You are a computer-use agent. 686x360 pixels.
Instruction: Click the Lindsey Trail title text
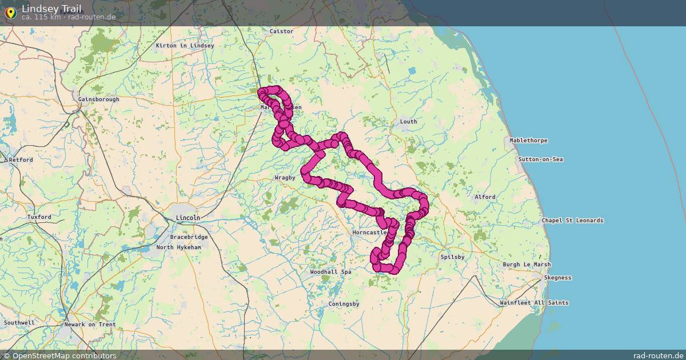[x=51, y=8]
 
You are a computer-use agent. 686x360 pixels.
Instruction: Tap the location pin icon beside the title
[x=10, y=12]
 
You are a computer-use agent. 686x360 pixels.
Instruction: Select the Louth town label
[x=408, y=122]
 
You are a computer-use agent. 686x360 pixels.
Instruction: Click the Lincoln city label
[x=188, y=218]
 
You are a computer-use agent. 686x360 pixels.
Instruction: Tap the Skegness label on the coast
[x=557, y=278]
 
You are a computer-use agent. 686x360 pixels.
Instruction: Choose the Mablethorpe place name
[x=529, y=141]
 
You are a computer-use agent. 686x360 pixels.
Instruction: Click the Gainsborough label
[x=99, y=99]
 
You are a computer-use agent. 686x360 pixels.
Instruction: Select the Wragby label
[x=285, y=178]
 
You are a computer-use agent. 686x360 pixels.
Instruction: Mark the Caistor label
[x=281, y=31]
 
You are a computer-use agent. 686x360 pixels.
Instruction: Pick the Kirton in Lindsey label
[x=185, y=46]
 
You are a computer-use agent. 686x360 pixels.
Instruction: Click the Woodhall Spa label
[x=330, y=272]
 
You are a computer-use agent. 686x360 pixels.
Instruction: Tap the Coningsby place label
[x=344, y=304]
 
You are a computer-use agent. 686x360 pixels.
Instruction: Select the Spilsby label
[x=452, y=257]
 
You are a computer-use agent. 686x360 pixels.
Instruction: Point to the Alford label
[x=485, y=197]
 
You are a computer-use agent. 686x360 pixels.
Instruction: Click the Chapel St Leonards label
[x=572, y=221]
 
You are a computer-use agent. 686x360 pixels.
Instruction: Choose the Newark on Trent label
[x=90, y=325]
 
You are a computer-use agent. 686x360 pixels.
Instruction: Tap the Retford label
[x=21, y=160]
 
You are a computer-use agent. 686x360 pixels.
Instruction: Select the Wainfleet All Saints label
[x=534, y=303]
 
